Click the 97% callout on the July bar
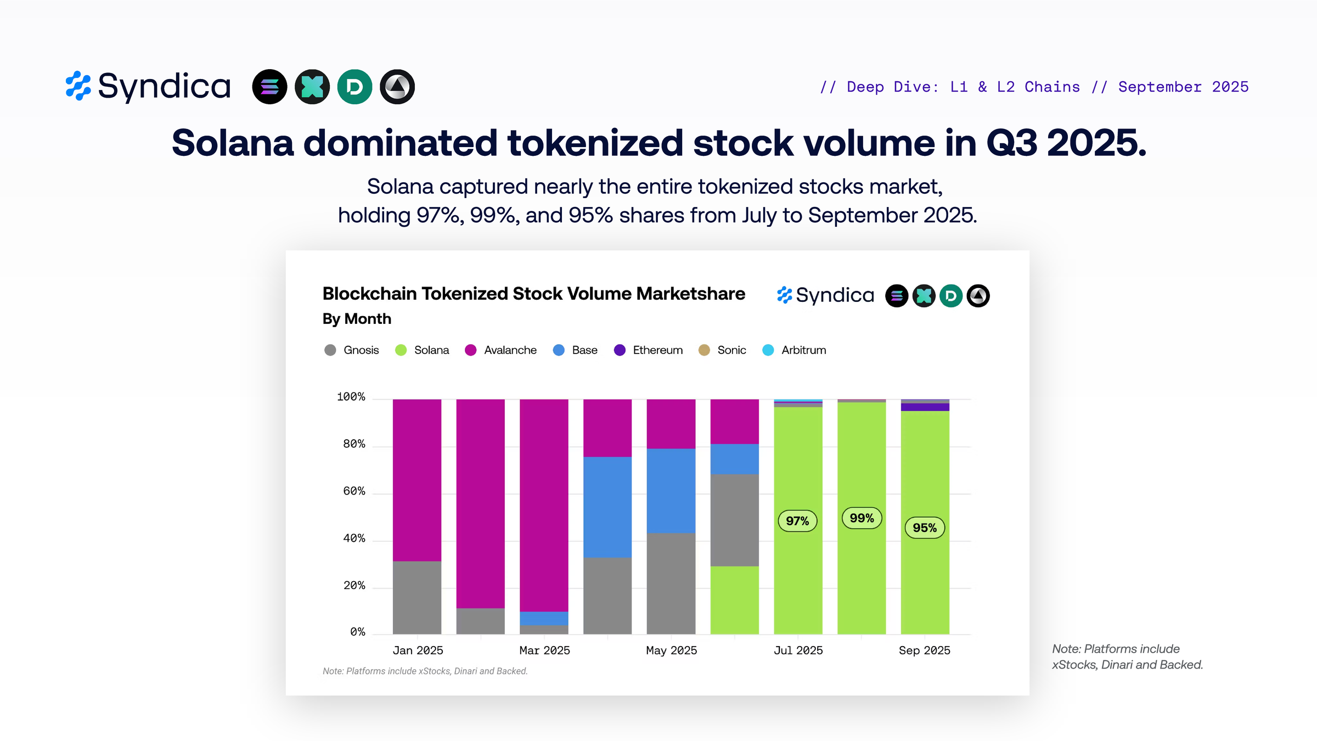pyautogui.click(x=797, y=520)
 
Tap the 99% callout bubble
pyautogui.click(x=862, y=518)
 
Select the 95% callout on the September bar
pyautogui.click(x=925, y=527)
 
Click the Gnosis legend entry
pyautogui.click(x=352, y=350)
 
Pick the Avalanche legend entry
pyautogui.click(x=500, y=350)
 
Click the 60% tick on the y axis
pyautogui.click(x=354, y=491)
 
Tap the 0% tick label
pyautogui.click(x=357, y=632)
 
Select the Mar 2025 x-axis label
pyautogui.click(x=544, y=650)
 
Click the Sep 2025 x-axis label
pyautogui.click(x=924, y=650)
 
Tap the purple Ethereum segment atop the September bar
pyautogui.click(x=925, y=407)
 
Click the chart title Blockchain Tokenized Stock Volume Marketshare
pyautogui.click(x=533, y=294)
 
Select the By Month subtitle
pyautogui.click(x=357, y=319)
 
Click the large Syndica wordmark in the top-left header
pyautogui.click(x=164, y=87)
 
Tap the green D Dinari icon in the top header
pyautogui.click(x=354, y=87)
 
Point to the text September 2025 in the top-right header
pyautogui.click(x=1183, y=87)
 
